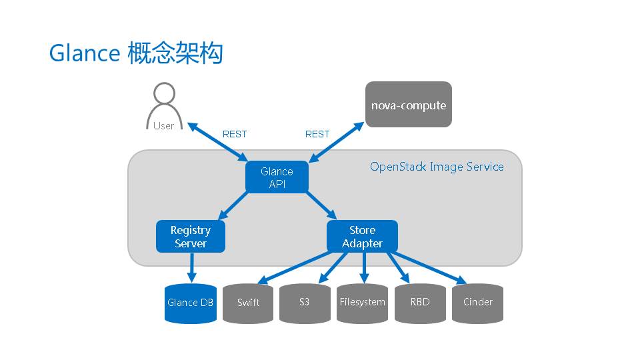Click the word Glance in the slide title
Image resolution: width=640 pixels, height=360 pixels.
(x=84, y=53)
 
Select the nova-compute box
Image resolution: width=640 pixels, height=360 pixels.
(x=409, y=105)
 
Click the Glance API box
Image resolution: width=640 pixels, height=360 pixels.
(x=277, y=177)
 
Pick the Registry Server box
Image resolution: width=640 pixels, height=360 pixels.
(x=191, y=237)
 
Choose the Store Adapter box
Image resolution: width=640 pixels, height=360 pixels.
(x=362, y=237)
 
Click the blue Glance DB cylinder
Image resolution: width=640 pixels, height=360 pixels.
(x=191, y=303)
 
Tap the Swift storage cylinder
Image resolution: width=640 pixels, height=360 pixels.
(x=248, y=303)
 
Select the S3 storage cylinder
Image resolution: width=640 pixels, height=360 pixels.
(x=305, y=303)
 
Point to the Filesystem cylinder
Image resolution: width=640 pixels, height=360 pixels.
(x=362, y=303)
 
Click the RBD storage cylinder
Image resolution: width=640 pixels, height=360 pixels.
(x=420, y=303)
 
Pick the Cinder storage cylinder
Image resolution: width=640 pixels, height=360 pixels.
(x=477, y=303)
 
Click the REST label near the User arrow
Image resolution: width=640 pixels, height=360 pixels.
(x=235, y=134)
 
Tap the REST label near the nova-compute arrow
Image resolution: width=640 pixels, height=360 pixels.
(x=317, y=134)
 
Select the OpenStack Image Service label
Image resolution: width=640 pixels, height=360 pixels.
(x=437, y=167)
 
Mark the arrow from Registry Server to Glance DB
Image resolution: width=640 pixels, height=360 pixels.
(x=191, y=267)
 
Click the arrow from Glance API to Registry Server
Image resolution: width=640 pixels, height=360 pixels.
(x=233, y=207)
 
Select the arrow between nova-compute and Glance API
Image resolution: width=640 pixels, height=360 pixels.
(x=337, y=141)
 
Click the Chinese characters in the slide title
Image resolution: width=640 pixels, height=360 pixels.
(x=175, y=53)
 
